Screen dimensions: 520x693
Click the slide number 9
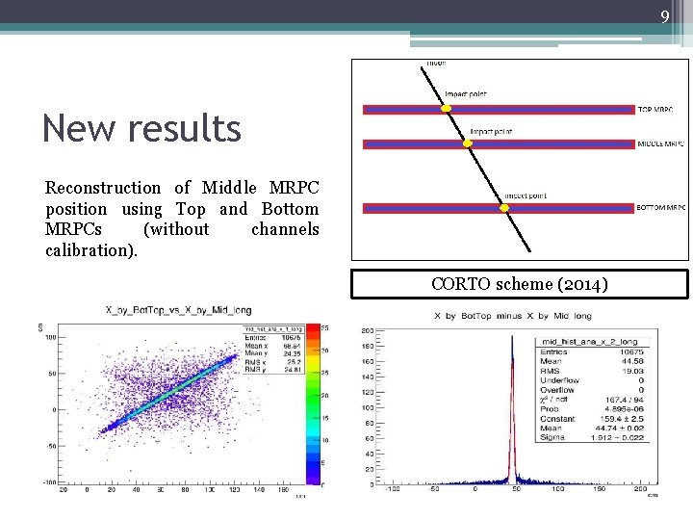tap(665, 16)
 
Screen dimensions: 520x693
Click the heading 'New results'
tap(141, 127)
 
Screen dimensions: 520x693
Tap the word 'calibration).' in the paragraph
tap(91, 250)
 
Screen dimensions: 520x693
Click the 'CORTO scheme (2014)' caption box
tap(519, 284)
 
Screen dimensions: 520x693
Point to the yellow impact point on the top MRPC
tap(446, 109)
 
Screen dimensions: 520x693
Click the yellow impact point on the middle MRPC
tap(469, 143)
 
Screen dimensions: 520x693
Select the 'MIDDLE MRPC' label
tap(661, 144)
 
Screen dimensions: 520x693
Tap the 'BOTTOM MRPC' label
tap(661, 208)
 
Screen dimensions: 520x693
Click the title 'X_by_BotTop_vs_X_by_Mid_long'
tap(188, 309)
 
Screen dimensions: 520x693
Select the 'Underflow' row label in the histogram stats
tap(557, 380)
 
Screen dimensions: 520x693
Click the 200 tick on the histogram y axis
tap(368, 330)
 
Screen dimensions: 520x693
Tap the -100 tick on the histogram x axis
tap(392, 489)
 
